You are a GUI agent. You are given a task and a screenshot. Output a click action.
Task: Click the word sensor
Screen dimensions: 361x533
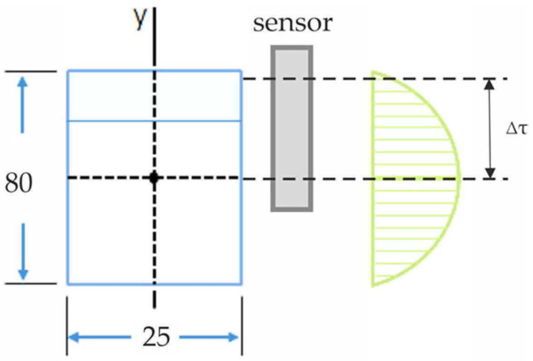coord(293,24)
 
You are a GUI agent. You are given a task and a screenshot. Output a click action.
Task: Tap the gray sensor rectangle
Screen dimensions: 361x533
coord(292,129)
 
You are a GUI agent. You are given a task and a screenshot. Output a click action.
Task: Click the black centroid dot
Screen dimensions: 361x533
coord(154,178)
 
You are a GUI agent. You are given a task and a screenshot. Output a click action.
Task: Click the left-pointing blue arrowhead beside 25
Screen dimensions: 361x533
coord(75,337)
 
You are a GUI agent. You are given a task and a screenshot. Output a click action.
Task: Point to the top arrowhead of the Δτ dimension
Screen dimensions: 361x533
coord(489,84)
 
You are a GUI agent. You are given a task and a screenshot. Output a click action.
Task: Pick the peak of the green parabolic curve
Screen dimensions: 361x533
coord(460,178)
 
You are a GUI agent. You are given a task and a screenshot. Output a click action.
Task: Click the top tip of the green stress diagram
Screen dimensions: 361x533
coord(373,72)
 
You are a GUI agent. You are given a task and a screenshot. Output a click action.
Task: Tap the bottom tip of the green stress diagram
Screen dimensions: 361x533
coord(373,285)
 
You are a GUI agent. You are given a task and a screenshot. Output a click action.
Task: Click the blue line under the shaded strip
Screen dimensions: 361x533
coord(154,121)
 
